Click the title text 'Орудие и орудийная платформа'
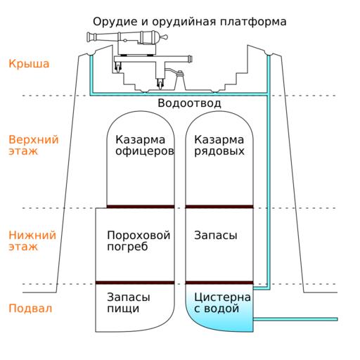click(190, 22)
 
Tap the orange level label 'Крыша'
click(29, 64)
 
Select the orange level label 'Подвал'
click(30, 309)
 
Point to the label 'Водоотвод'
click(189, 103)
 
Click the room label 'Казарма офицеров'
click(145, 146)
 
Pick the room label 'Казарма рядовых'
click(219, 146)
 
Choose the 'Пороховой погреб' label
click(139, 240)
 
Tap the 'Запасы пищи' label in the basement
click(129, 302)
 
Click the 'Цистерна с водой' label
click(222, 302)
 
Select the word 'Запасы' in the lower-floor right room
click(216, 236)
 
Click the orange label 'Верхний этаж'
click(34, 145)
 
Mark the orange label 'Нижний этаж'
click(32, 240)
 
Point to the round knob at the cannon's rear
click(165, 37)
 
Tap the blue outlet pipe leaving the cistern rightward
click(295, 319)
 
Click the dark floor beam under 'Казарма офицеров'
click(141, 207)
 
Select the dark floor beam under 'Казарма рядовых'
click(219, 207)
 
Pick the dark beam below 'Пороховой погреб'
click(135, 283)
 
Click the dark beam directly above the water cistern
click(219, 283)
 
